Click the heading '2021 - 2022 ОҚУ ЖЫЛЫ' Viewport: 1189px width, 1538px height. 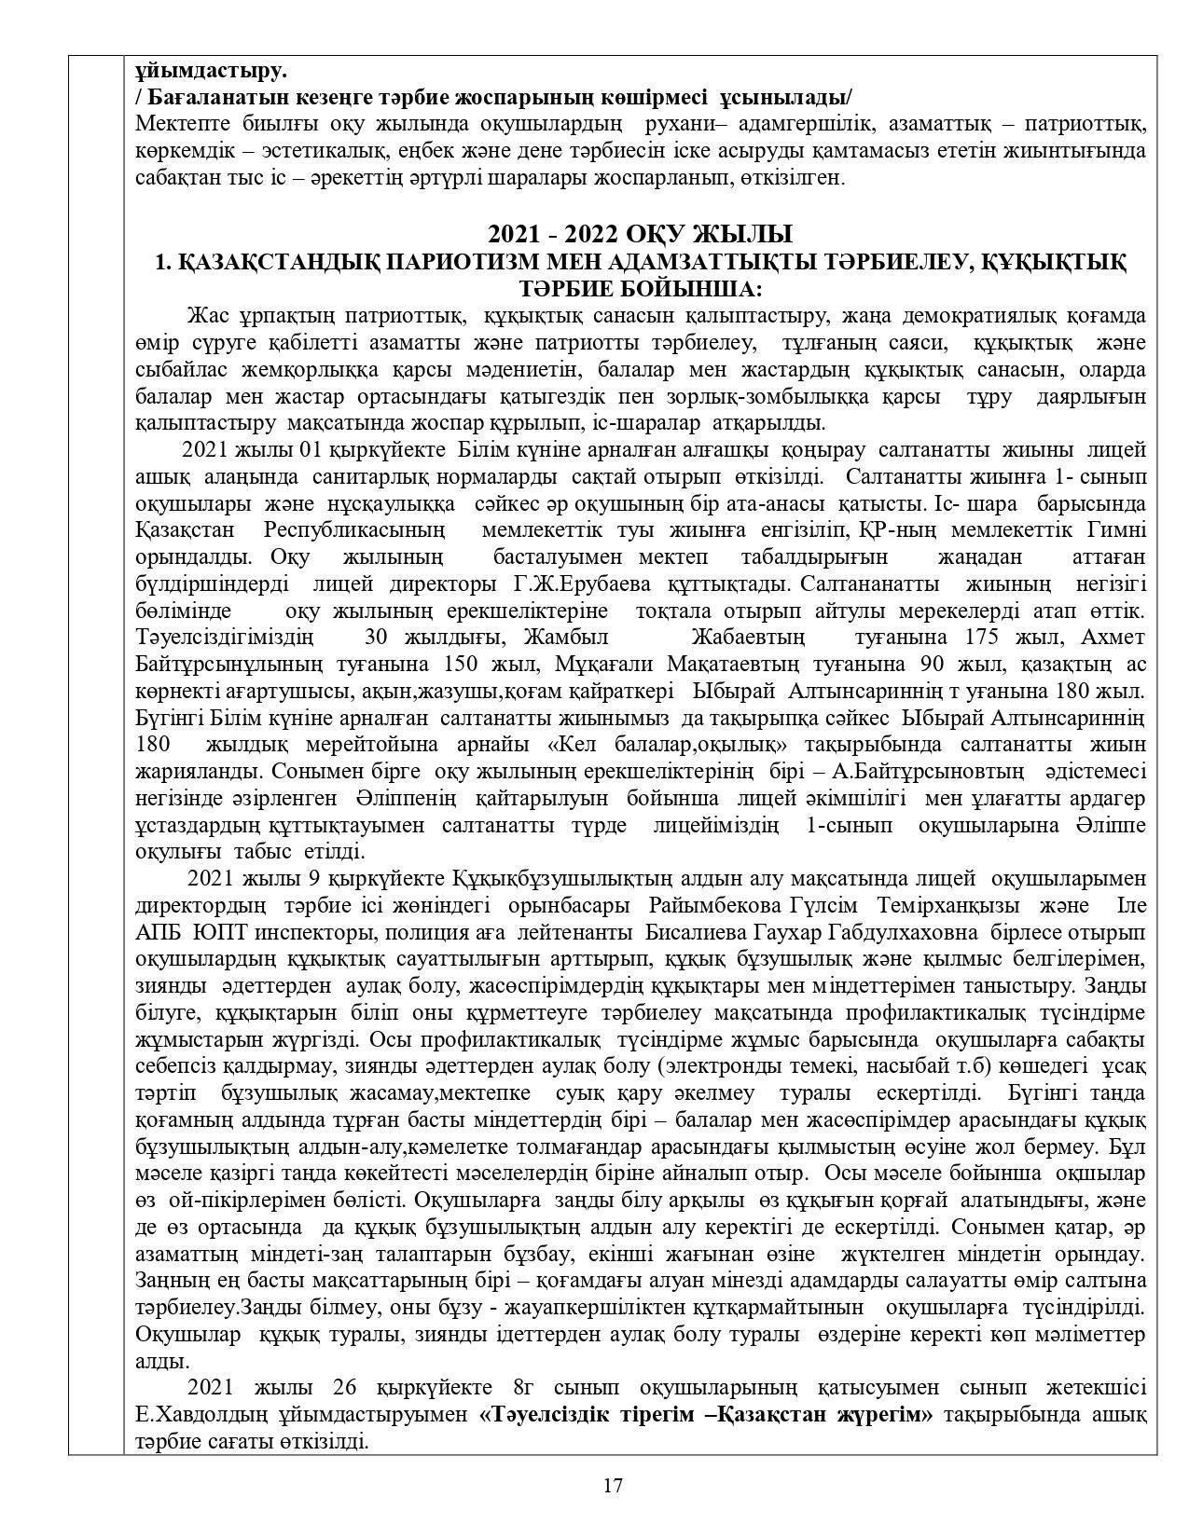[x=640, y=234]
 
